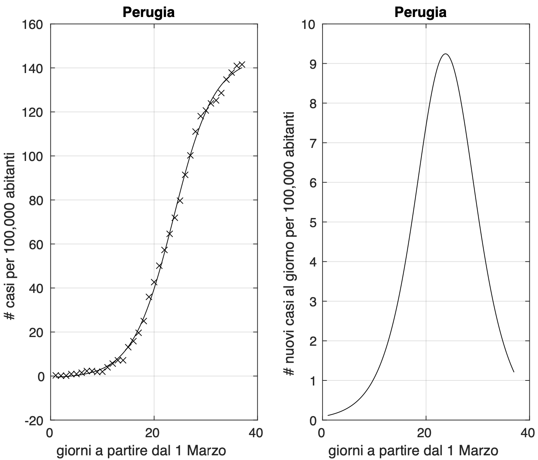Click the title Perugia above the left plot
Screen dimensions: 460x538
[x=148, y=12]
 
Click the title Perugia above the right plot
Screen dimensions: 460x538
[x=420, y=12]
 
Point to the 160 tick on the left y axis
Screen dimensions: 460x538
[x=33, y=24]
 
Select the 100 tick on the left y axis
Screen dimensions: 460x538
[x=33, y=156]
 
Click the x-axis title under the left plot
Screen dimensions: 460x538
[x=141, y=451]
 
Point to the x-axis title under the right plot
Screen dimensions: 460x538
[x=413, y=451]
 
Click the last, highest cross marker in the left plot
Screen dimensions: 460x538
[x=242, y=64]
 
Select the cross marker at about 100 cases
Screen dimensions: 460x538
[x=190, y=156]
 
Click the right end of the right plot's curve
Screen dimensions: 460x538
[x=513, y=372]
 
